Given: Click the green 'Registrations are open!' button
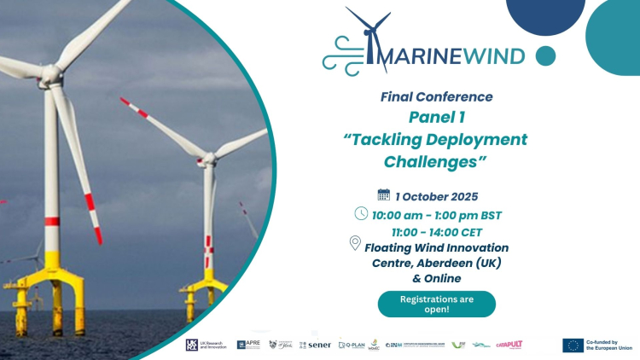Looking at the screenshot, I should (x=436, y=304).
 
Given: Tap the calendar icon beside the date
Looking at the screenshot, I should (x=383, y=195).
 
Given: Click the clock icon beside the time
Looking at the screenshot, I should (x=361, y=213).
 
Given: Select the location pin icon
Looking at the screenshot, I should (x=355, y=245).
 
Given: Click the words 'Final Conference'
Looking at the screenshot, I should (x=436, y=96).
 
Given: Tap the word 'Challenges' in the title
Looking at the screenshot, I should (x=435, y=160).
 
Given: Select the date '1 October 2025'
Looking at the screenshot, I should (x=437, y=195).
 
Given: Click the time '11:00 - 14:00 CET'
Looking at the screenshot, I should (x=435, y=230).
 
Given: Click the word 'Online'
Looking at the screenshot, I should (x=442, y=278).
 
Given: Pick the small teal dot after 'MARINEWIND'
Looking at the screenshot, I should (x=545, y=56).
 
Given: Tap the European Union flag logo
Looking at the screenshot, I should (x=573, y=345).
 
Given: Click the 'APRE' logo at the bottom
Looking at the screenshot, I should (x=248, y=345).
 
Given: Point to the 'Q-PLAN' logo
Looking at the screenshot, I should (x=351, y=345).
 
